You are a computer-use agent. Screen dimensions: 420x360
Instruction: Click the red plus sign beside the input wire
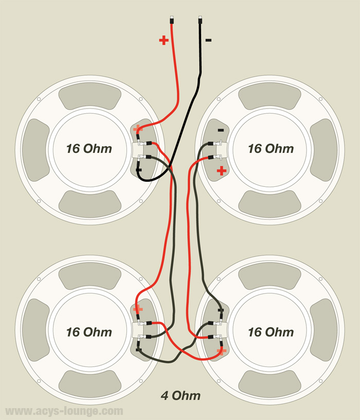click(164, 40)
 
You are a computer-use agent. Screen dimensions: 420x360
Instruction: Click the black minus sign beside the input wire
click(208, 40)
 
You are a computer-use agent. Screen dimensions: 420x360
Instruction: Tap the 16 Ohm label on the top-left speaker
click(89, 149)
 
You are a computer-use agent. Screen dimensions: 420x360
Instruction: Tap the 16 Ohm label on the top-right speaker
click(271, 149)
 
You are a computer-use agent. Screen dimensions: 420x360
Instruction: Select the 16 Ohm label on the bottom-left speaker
click(89, 331)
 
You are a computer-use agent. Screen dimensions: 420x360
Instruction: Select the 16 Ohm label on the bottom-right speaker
click(271, 331)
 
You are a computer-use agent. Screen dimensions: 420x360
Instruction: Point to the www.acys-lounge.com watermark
click(64, 411)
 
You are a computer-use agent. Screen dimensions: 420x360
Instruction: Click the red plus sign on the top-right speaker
click(221, 171)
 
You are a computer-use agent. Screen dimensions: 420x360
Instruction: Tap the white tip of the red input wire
click(171, 19)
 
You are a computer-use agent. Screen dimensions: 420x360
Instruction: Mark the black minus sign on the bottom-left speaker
click(138, 349)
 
